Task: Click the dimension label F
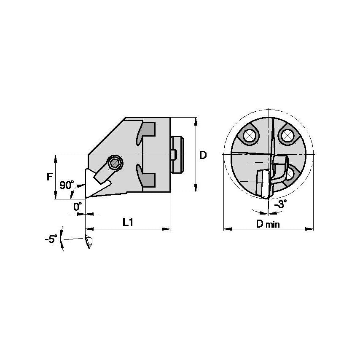[x=49, y=177]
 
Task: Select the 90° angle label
[x=66, y=185]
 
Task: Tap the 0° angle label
[x=77, y=207]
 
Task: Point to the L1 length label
[x=128, y=222]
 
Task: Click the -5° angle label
[x=51, y=239]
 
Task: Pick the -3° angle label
[x=280, y=204]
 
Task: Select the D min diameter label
[x=268, y=224]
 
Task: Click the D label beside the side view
[x=203, y=155]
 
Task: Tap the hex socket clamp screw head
[x=114, y=163]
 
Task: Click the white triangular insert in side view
[x=90, y=184]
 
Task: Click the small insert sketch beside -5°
[x=88, y=243]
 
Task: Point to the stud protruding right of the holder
[x=177, y=154]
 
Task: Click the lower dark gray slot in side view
[x=148, y=179]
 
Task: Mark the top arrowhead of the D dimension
[x=196, y=120]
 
